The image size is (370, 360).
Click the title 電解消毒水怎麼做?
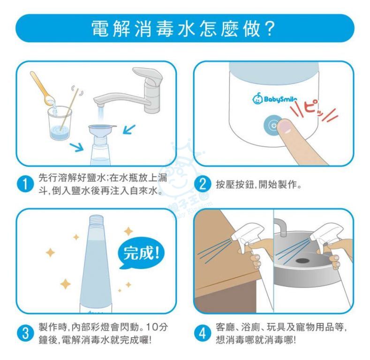[x=183, y=29]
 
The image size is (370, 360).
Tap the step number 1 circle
[x=25, y=184]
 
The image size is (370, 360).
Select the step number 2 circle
[x=203, y=184]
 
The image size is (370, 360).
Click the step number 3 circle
[x=25, y=334]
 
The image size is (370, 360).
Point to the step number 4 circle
[x=203, y=334]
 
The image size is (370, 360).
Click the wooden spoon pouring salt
[x=42, y=88]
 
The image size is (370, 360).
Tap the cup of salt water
[x=60, y=123]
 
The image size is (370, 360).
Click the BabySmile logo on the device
[x=274, y=98]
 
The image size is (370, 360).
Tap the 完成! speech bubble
[x=141, y=253]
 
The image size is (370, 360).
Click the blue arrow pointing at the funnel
[x=129, y=129]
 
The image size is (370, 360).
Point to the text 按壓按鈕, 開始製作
[x=258, y=185]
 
